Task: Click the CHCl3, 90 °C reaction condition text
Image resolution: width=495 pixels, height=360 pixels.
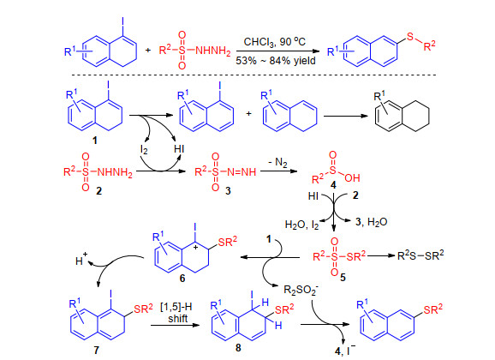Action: coord(275,42)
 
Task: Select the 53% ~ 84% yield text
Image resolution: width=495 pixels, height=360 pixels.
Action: coord(276,60)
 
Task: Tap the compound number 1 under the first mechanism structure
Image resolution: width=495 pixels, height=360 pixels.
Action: coord(95,140)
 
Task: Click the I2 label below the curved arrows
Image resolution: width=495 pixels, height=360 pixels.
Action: coord(144,149)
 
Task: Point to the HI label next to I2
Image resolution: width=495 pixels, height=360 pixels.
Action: coord(179,148)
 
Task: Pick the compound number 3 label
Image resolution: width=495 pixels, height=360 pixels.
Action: coord(228,190)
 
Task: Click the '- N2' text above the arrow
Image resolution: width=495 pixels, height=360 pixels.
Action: coord(277,163)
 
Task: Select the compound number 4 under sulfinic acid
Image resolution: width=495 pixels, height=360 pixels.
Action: coord(333,185)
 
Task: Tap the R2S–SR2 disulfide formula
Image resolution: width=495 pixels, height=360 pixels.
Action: coord(420,255)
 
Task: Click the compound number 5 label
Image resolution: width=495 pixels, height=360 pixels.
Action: coord(343,278)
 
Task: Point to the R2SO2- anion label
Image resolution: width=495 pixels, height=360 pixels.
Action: coord(301,290)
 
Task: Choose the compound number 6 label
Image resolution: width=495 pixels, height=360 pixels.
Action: coord(182,278)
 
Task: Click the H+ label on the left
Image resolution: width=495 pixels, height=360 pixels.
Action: coord(81,260)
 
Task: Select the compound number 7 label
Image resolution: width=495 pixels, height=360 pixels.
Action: coord(96,350)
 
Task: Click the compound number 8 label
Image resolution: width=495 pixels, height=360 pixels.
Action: coord(238,348)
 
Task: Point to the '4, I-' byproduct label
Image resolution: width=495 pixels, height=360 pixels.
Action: coord(345,351)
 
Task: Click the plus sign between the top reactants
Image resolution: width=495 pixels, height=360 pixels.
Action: coord(148,50)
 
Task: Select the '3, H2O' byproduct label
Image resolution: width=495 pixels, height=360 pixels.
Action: coord(372,222)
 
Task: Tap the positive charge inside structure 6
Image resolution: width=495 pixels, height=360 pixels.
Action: coord(196,247)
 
